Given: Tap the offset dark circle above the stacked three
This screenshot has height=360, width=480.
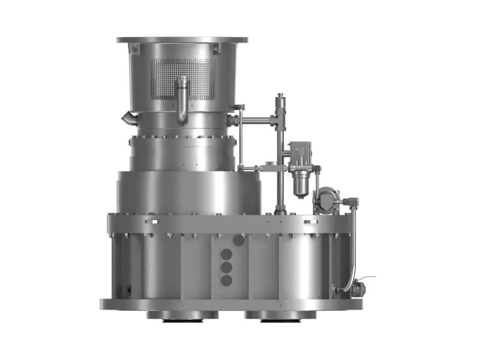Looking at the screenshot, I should tap(239, 241).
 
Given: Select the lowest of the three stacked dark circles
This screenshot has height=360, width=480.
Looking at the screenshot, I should tap(227, 280).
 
